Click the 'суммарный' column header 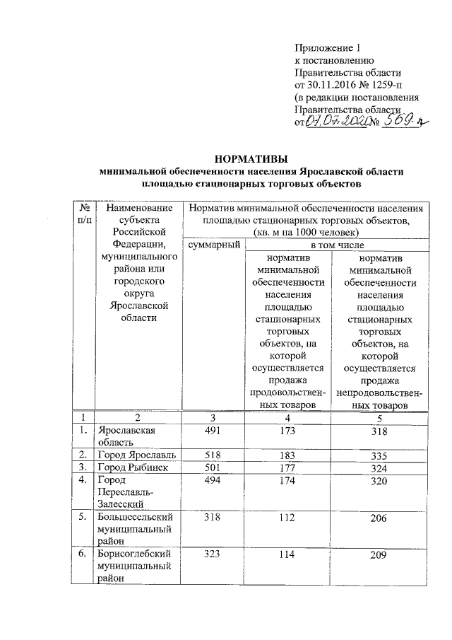[x=211, y=244]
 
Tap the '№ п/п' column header [x=84, y=214]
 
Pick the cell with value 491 [x=213, y=431]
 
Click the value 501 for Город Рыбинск [x=213, y=467]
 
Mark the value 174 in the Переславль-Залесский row [x=286, y=481]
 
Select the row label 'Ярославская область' [x=127, y=436]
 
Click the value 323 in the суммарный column [x=213, y=556]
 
